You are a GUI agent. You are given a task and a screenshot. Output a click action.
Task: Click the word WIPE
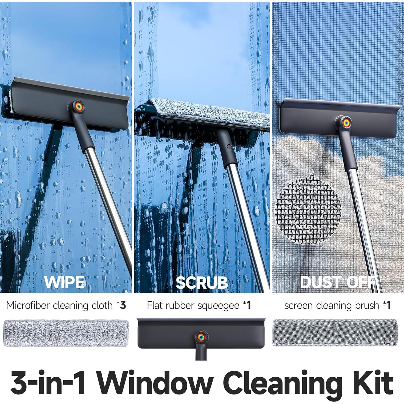[x=65, y=282]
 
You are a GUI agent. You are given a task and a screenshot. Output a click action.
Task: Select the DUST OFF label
[x=338, y=282]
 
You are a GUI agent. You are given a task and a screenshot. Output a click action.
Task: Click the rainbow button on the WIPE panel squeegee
[x=78, y=106]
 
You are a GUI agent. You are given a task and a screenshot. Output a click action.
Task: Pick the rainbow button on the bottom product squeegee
[x=201, y=336]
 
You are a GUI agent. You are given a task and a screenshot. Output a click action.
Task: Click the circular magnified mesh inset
[x=309, y=212]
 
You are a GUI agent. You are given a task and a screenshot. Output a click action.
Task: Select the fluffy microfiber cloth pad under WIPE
[x=66, y=333]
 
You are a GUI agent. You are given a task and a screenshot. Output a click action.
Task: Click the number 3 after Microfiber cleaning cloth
[x=123, y=305]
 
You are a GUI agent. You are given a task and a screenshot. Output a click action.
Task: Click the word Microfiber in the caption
[x=28, y=305]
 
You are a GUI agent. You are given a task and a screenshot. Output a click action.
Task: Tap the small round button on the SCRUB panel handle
[x=229, y=147]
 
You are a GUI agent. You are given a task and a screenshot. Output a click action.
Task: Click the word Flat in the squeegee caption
[x=155, y=305]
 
